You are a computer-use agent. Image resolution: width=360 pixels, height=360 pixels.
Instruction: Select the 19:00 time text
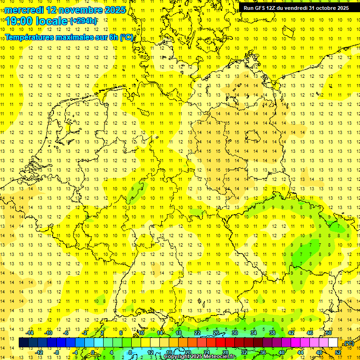pyautogui.click(x=21, y=21)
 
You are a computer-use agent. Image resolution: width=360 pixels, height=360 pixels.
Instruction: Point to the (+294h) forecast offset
pyautogui.click(x=83, y=21)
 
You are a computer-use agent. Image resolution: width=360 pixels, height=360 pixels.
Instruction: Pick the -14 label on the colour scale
pyautogui.click(x=30, y=333)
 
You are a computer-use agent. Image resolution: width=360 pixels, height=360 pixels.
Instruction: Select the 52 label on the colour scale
pyautogui.click(x=338, y=352)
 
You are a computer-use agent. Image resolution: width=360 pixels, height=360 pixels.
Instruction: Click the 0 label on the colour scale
pyautogui.click(x=92, y=352)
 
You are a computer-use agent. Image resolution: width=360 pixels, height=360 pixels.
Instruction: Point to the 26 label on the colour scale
pyautogui.click(x=216, y=333)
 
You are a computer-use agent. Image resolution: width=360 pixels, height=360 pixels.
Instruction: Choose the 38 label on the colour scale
pyautogui.click(x=272, y=333)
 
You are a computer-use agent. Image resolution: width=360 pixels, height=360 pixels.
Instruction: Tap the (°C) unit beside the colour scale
pyautogui.click(x=348, y=344)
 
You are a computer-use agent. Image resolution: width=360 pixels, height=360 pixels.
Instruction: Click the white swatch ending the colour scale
pyautogui.click(x=333, y=343)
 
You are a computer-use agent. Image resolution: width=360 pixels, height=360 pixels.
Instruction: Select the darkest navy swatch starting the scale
pyautogui.click(x=23, y=343)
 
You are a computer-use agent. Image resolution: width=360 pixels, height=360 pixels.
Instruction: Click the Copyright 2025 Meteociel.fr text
pyautogui.click(x=201, y=357)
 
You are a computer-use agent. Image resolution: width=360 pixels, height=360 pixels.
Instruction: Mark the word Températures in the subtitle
pyautogui.click(x=28, y=37)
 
